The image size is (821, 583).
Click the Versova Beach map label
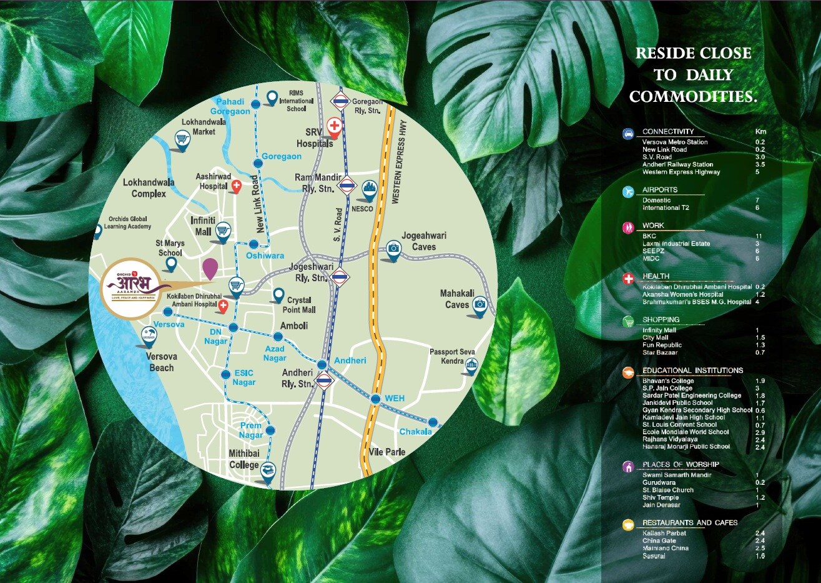(162, 362)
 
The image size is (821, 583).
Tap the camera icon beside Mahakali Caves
(479, 304)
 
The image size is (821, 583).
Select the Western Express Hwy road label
(395, 162)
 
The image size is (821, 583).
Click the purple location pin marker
(210, 269)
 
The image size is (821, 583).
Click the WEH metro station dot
(375, 399)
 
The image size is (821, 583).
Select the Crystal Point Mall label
(299, 305)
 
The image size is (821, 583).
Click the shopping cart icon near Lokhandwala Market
(182, 139)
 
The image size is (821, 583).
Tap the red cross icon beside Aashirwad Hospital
(237, 186)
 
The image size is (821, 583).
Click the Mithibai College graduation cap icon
(268, 469)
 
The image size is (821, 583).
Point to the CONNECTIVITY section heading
(667, 132)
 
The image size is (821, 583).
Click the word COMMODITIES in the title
(693, 97)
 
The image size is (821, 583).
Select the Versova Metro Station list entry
(675, 142)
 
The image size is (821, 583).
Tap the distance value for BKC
(758, 236)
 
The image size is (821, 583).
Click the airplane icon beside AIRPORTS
(628, 192)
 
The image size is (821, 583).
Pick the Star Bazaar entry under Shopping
(659, 353)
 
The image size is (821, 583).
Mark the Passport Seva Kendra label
(452, 356)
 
